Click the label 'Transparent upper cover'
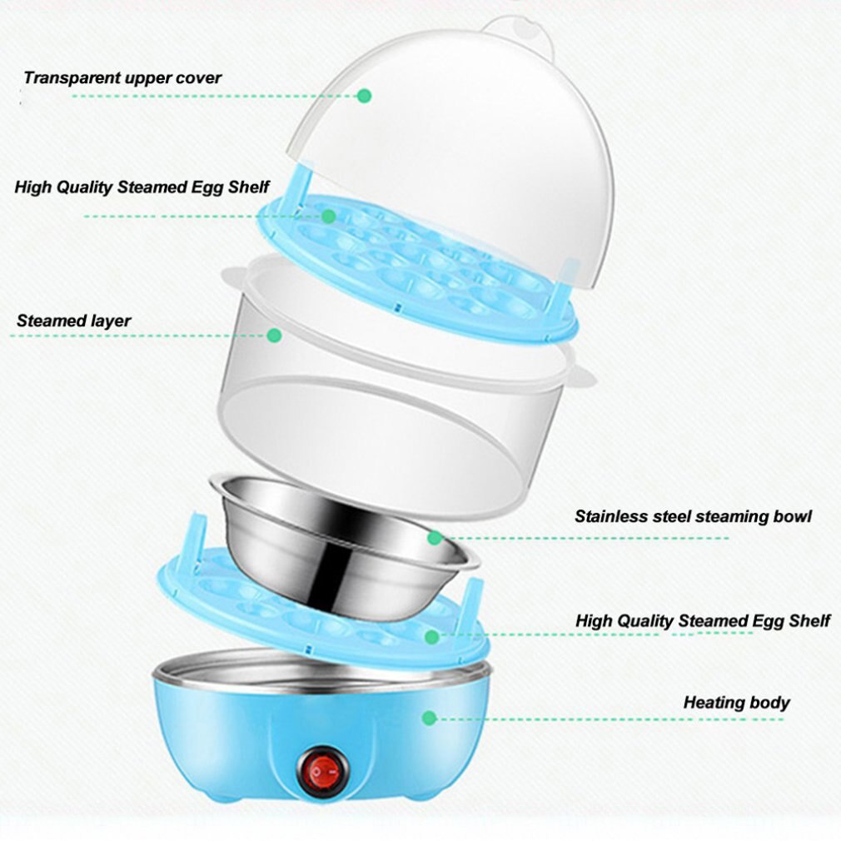coord(122,78)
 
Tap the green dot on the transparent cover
coord(364,96)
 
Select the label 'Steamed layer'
coord(73,321)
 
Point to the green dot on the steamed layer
coord(274,335)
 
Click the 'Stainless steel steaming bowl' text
coord(693,516)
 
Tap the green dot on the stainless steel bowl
coord(434,538)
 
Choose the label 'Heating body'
coord(736,702)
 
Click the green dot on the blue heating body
coord(429,717)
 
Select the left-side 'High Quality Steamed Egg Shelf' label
coord(142,187)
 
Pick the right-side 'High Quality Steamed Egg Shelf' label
coord(702,620)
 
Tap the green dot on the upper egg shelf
coord(328,216)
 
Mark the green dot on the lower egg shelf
coord(430,637)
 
